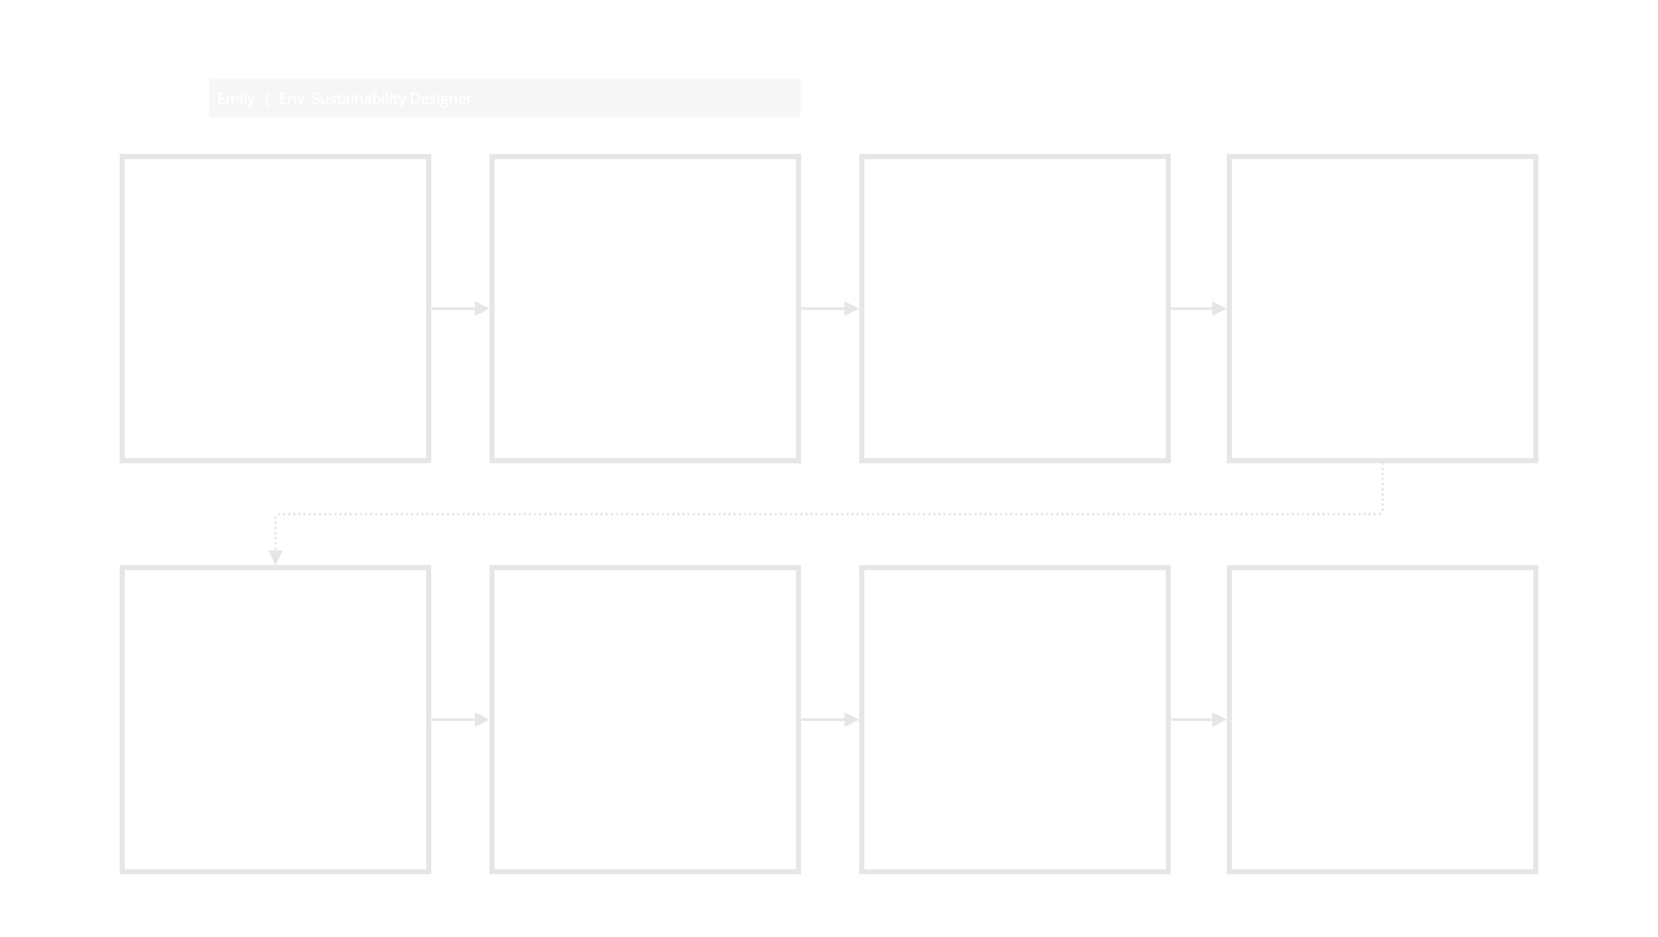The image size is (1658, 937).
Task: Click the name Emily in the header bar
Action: click(x=236, y=99)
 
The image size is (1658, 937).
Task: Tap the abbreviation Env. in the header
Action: click(x=293, y=99)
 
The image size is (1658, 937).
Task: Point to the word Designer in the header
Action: click(x=441, y=99)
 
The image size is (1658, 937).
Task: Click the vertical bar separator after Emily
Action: click(x=267, y=99)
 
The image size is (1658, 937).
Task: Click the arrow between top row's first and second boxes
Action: click(x=460, y=308)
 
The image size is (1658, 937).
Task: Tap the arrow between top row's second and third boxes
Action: click(x=830, y=308)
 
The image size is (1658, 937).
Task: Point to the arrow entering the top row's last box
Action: click(x=1198, y=308)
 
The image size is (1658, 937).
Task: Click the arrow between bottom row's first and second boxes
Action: click(x=460, y=720)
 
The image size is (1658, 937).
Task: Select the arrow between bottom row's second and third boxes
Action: click(x=830, y=720)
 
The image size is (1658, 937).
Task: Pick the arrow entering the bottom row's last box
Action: click(x=1198, y=720)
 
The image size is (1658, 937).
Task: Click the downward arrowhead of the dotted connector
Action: click(x=276, y=558)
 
